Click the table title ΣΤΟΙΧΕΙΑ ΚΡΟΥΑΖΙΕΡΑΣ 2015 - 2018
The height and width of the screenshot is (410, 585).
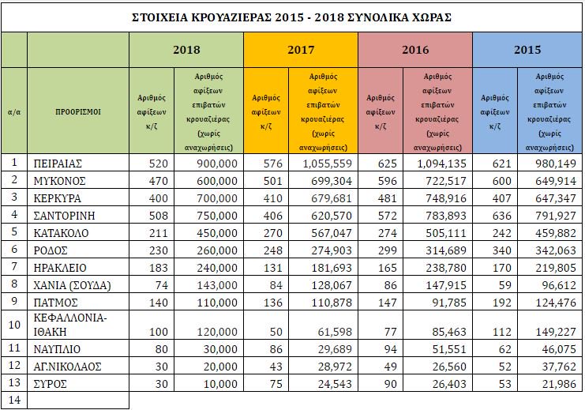click(x=292, y=17)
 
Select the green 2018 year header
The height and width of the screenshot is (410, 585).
click(x=186, y=50)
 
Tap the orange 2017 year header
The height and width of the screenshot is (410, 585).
click(x=301, y=50)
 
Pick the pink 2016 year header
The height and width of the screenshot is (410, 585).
click(x=415, y=50)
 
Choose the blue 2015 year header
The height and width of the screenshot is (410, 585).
click(x=527, y=50)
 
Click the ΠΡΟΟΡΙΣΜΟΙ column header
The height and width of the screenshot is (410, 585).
click(x=77, y=111)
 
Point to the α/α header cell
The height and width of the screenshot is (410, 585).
click(x=13, y=111)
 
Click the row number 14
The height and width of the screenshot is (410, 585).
click(x=13, y=401)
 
